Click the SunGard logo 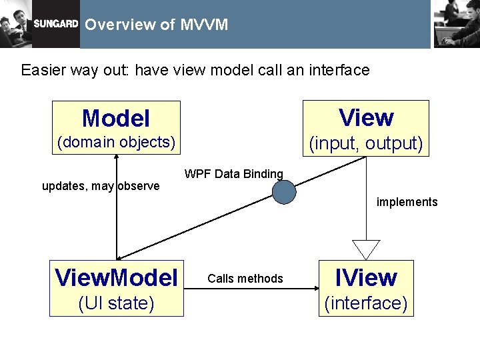pyautogui.click(x=56, y=23)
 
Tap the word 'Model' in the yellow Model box pyautogui.click(x=115, y=119)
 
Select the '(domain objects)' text pyautogui.click(x=116, y=142)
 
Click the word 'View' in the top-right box pyautogui.click(x=366, y=117)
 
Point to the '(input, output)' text pyautogui.click(x=366, y=143)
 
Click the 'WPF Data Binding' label pyautogui.click(x=233, y=174)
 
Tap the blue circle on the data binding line pyautogui.click(x=284, y=192)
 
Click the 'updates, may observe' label pyautogui.click(x=101, y=186)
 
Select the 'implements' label pyautogui.click(x=407, y=202)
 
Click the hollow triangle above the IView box pyautogui.click(x=365, y=249)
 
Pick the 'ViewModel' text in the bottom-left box pyautogui.click(x=116, y=277)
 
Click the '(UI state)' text pyautogui.click(x=116, y=303)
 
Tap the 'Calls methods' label pyautogui.click(x=245, y=279)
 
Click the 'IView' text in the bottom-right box pyautogui.click(x=366, y=277)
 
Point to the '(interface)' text pyautogui.click(x=365, y=303)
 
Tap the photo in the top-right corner pyautogui.click(x=456, y=23)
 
